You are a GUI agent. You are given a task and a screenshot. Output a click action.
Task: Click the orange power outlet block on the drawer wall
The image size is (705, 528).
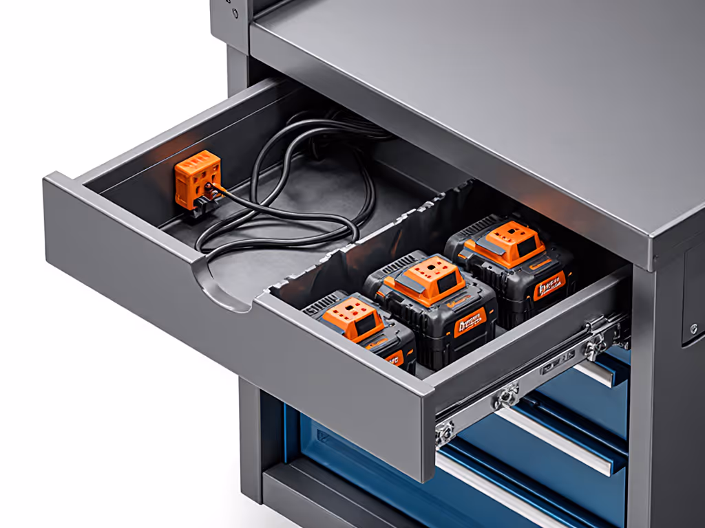(197, 177)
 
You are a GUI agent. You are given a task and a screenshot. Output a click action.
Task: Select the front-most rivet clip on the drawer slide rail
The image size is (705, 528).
(445, 432)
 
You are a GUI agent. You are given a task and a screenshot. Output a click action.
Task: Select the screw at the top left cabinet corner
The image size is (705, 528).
(235, 12)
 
